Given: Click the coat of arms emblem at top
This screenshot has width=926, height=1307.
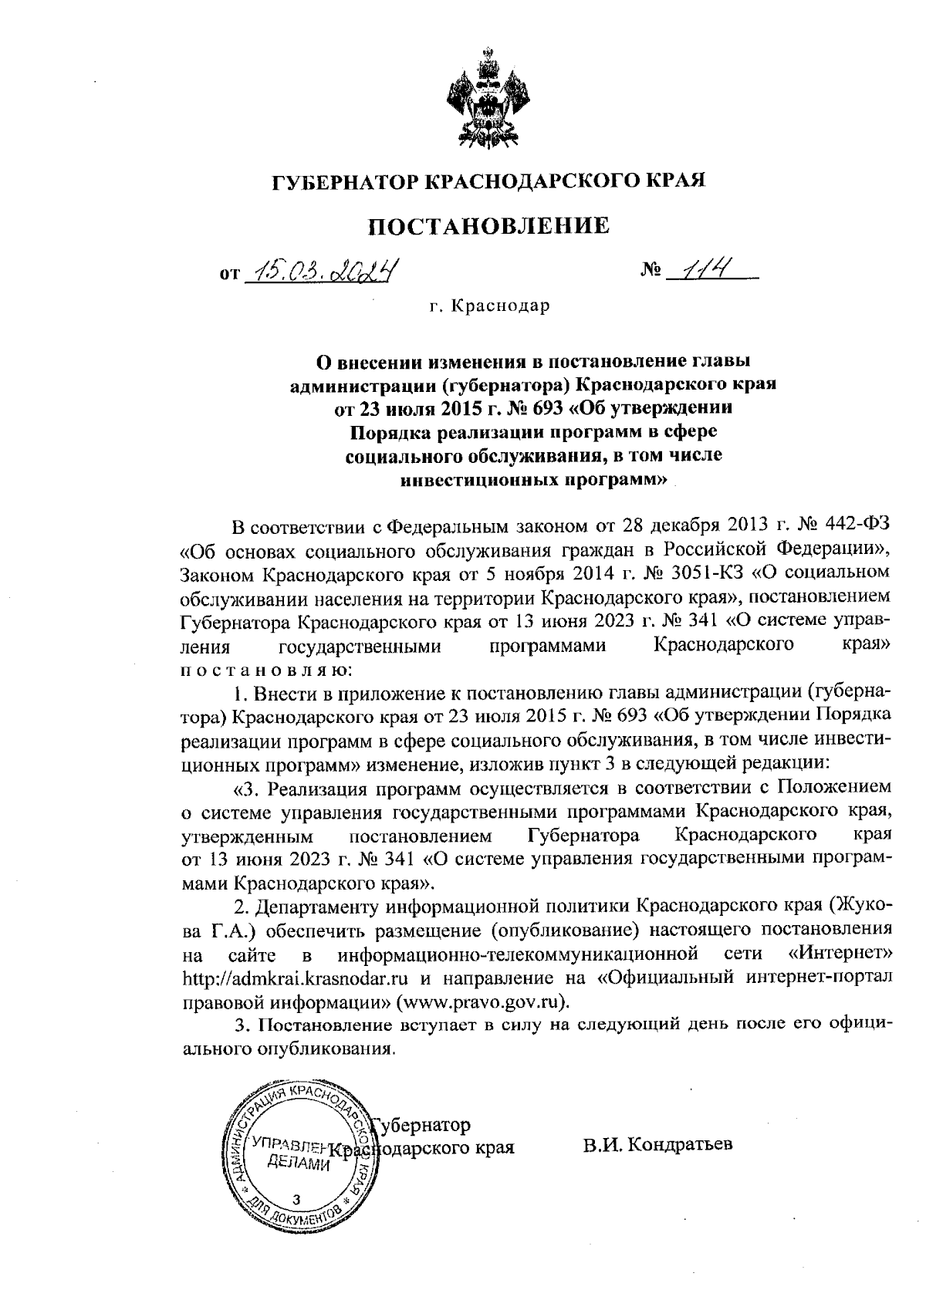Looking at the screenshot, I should [488, 100].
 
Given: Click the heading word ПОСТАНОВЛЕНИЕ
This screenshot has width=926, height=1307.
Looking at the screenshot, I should [488, 225].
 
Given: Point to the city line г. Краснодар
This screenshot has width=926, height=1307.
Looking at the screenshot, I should [489, 306].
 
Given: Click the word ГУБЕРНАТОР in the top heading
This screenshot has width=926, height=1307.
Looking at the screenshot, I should [343, 181].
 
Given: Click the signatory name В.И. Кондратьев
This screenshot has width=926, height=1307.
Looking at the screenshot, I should [657, 1143].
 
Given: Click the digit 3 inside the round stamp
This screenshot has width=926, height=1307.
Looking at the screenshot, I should [296, 1198].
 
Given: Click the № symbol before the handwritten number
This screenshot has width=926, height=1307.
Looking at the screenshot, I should [651, 271].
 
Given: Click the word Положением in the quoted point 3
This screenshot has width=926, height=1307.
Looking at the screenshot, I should [833, 788].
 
